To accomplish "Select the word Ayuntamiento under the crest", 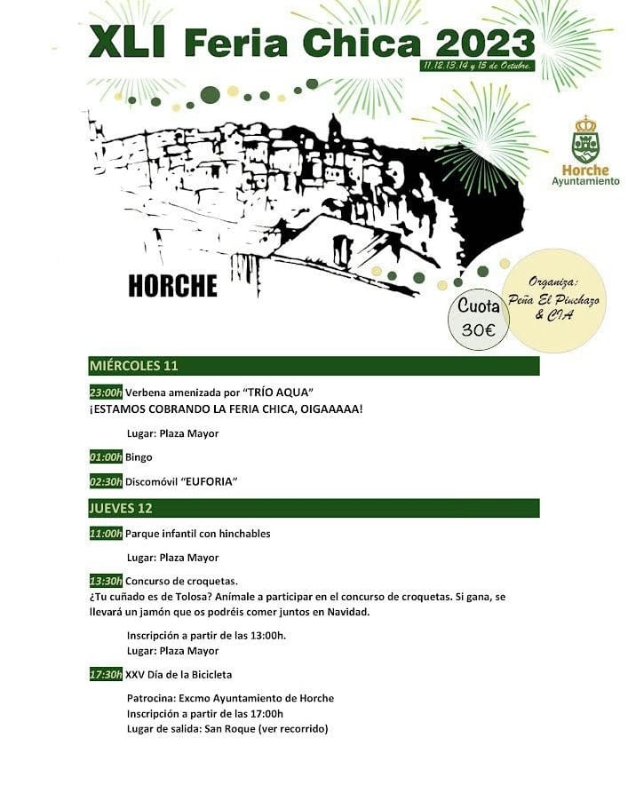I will point(585,181).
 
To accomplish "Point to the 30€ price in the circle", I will point(479,329).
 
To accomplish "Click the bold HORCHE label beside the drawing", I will point(172,286).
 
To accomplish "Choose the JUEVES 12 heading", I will point(121,508).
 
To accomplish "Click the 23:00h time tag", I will point(106,392).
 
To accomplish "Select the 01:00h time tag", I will point(106,457).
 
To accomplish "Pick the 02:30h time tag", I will point(106,481).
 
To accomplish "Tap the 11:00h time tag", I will point(106,534).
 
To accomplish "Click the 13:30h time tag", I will point(106,582).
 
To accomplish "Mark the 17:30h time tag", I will point(106,675).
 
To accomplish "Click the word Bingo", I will point(139,457).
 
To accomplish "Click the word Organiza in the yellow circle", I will point(553,281).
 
